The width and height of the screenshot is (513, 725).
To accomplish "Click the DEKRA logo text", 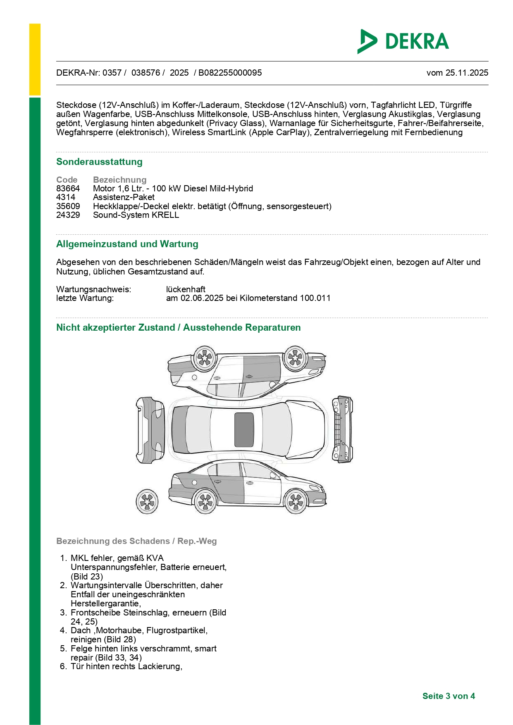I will pos(417,41).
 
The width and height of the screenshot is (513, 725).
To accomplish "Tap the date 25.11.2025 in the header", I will pos(467,73).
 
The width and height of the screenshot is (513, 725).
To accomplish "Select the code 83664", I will pos(68,188).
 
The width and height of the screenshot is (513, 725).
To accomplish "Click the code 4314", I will pos(66,197).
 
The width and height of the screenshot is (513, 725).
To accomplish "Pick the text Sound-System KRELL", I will pos(136,215).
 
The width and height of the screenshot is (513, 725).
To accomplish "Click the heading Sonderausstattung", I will pos(99,162).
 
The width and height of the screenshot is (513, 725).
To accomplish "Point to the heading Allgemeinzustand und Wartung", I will pos(127,244).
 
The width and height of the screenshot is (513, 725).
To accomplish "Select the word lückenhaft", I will pos(186,289).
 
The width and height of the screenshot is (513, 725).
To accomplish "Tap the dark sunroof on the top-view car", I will pos(244,429).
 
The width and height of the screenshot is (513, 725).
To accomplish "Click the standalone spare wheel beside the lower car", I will pos(147,501).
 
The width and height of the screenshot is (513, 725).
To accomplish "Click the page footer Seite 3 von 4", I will pos(449,696).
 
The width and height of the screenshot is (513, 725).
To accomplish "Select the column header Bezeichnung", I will pos(119,180).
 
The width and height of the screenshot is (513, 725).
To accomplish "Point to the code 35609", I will pos(68,206).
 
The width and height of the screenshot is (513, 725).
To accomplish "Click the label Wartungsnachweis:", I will pos(93,289).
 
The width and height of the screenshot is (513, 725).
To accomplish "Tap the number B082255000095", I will pos(230,73).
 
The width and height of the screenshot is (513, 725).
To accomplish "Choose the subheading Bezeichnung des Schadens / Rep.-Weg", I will pos(136,541).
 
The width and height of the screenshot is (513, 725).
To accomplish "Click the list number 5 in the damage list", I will pos(63,649).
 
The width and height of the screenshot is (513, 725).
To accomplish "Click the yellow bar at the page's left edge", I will pos(35,60).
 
